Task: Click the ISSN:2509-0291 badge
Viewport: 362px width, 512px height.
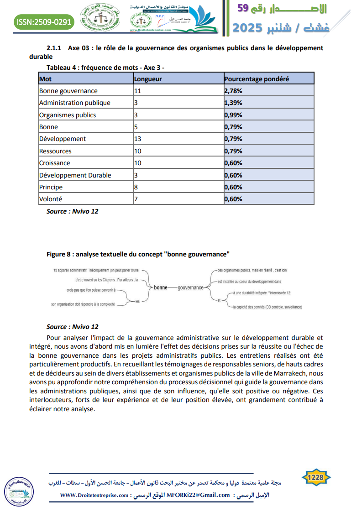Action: [x=44, y=21]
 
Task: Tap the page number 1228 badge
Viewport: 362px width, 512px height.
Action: [x=316, y=478]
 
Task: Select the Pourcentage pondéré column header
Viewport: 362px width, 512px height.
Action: [x=257, y=79]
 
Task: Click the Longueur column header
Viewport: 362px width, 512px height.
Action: [x=148, y=79]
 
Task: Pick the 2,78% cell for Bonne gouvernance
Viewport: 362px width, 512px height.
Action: [x=233, y=91]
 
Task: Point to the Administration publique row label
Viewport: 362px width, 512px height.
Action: [x=75, y=103]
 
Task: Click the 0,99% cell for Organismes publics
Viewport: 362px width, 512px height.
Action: [x=233, y=115]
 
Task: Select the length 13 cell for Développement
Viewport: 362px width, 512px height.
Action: [x=137, y=139]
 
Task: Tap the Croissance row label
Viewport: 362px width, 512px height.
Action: [x=55, y=163]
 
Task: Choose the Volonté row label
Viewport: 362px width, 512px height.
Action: [x=51, y=199]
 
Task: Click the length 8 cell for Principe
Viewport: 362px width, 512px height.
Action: [x=136, y=187]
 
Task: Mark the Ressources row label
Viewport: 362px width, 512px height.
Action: [x=55, y=151]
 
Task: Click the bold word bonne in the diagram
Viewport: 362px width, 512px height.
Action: [x=161, y=287]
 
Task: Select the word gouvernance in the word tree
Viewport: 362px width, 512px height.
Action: [x=190, y=287]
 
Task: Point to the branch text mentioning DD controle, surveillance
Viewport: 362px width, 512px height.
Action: [x=268, y=307]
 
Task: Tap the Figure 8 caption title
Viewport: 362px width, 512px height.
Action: [x=138, y=253]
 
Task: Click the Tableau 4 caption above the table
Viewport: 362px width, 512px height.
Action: [x=105, y=68]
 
